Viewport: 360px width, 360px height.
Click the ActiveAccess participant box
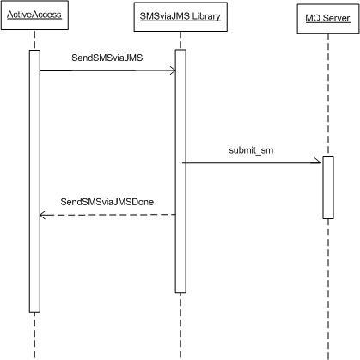34,15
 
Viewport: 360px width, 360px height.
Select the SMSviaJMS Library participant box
180,16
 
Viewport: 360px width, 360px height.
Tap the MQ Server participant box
328,19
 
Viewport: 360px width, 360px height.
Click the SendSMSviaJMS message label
107,58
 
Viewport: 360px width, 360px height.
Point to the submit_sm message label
251,150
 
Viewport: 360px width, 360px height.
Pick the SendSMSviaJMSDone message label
107,202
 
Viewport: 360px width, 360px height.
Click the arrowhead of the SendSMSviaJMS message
173,70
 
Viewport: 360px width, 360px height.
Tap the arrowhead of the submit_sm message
318,162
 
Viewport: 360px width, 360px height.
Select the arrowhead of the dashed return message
42,215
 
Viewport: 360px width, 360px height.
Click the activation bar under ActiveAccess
34,181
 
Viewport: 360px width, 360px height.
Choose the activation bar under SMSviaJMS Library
180,171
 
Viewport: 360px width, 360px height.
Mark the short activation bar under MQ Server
328,187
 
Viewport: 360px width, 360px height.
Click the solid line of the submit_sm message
252,163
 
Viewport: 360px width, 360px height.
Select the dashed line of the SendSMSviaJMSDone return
107,215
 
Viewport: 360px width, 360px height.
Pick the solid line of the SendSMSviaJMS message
107,70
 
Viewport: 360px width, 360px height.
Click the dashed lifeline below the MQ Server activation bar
328,290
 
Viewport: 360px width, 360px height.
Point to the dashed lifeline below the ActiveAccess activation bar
34,336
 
